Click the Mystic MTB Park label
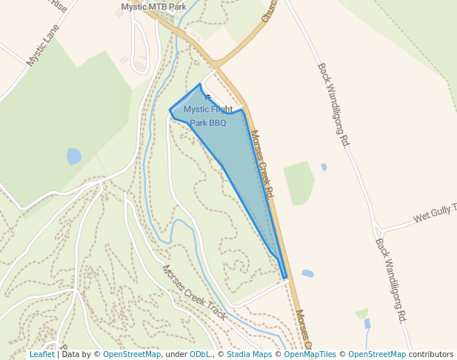point(153,7)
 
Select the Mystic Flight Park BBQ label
point(208,116)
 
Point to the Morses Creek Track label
point(195,292)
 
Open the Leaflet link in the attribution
point(41,354)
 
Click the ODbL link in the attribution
point(199,354)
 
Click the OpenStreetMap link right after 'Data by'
point(132,354)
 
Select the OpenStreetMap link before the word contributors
point(376,354)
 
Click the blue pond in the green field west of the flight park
point(73,156)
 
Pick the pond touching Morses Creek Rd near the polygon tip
point(307,273)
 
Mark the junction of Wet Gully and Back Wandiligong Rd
point(377,224)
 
